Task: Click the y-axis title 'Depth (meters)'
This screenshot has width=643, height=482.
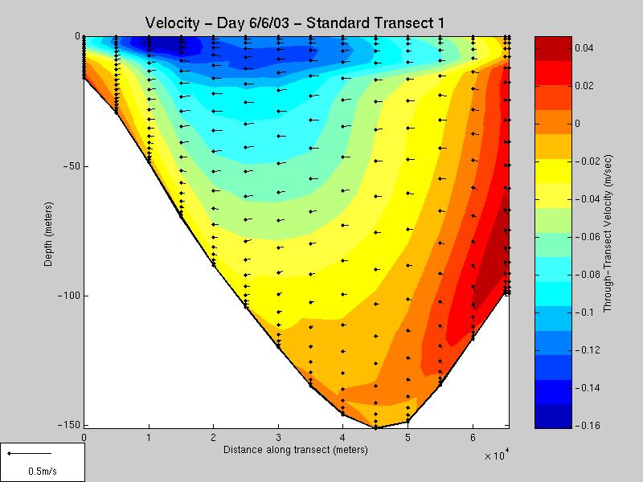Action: [x=50, y=231]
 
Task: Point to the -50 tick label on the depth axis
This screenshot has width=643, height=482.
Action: [x=70, y=166]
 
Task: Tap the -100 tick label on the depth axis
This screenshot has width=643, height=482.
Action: [x=68, y=296]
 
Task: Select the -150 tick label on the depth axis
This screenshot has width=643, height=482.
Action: [x=68, y=425]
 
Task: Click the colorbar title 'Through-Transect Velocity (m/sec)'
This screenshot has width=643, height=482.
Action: [x=608, y=231]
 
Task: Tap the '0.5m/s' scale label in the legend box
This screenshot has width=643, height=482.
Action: [x=42, y=471]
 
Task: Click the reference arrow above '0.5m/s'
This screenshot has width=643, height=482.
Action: [x=29, y=454]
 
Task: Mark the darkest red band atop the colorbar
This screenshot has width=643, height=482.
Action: [x=553, y=44]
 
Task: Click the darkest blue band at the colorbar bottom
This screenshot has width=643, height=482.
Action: [x=553, y=419]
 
